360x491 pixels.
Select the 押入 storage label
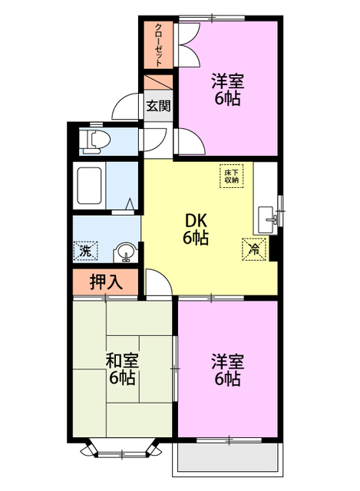pos(106,282)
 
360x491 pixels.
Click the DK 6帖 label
pos(196,228)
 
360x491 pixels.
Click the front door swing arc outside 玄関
pos(127,107)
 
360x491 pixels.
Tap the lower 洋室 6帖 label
pos(228,369)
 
